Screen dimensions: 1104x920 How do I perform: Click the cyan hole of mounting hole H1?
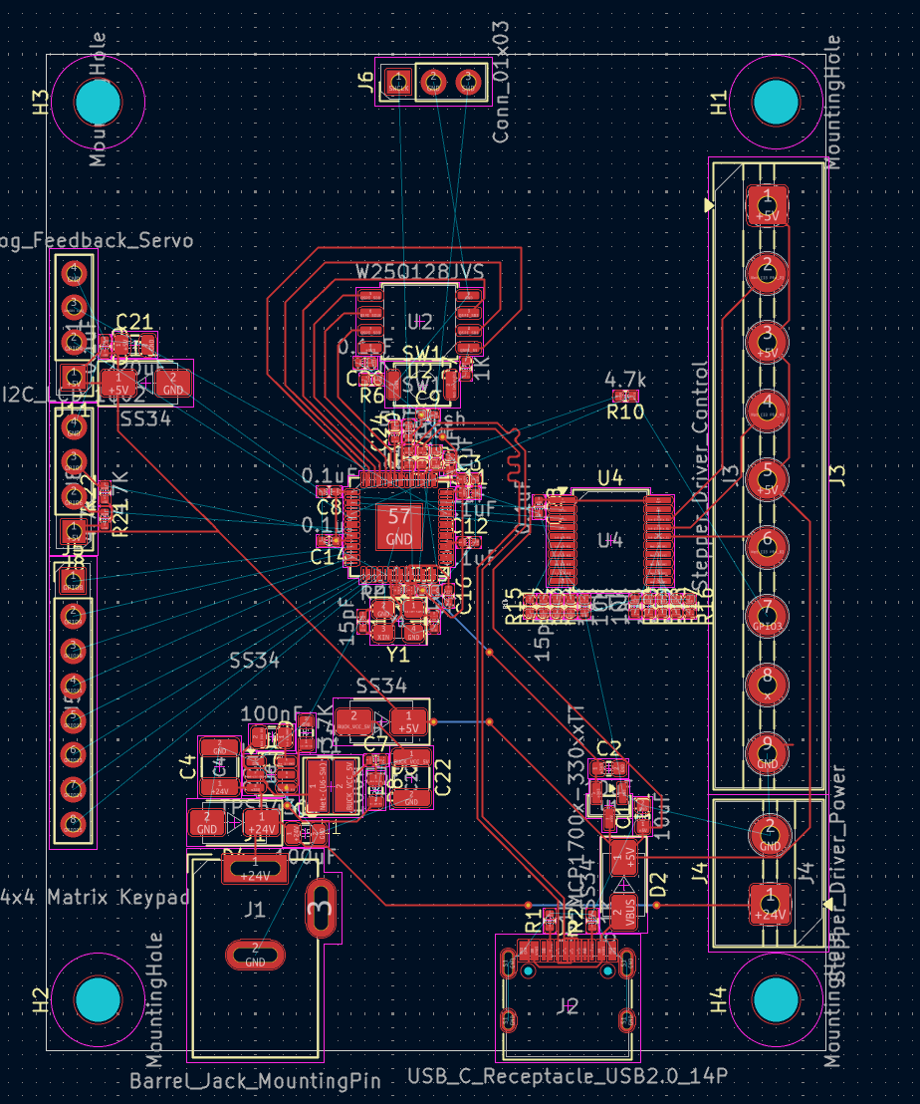pos(776,101)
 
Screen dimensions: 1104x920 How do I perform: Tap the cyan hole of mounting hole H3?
pos(99,101)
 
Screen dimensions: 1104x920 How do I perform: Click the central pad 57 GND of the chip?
pos(398,527)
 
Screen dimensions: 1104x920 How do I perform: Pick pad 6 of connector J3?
pos(767,543)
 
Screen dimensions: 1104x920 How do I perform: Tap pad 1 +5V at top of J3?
pos(767,204)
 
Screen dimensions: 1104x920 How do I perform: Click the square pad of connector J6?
pos(398,83)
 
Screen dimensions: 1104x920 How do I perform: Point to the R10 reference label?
pos(625,411)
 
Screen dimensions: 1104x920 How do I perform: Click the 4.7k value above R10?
pos(625,380)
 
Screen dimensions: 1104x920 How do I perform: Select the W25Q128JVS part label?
pos(419,272)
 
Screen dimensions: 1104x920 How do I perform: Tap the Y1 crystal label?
pos(397,655)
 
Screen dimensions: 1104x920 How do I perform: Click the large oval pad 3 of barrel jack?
pos(320,908)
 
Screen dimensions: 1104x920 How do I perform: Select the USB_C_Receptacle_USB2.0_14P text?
pos(568,1076)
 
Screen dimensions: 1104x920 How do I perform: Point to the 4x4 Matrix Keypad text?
pos(95,897)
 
